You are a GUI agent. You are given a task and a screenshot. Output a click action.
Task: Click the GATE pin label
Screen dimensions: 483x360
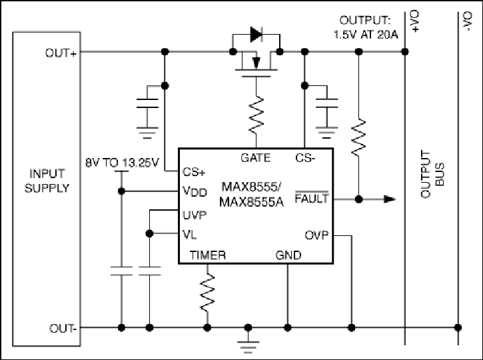coord(256,158)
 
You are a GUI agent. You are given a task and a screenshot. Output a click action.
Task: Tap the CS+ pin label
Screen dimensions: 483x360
coord(194,172)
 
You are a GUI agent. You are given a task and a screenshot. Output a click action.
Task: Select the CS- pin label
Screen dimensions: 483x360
coord(305,158)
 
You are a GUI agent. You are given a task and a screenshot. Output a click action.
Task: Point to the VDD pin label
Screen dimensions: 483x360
coord(195,191)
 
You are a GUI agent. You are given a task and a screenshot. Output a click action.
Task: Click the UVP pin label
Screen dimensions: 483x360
coord(195,215)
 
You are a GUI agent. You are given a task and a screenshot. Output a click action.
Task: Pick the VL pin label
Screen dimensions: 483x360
coord(189,235)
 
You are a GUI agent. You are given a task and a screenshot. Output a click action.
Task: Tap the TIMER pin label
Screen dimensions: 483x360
coord(208,255)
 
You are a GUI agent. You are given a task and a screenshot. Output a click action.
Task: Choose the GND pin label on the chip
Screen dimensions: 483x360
coord(288,255)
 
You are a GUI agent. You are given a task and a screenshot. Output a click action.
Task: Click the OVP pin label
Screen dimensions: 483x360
coord(316,235)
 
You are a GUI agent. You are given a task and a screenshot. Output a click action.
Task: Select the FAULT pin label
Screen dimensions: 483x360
coord(312,198)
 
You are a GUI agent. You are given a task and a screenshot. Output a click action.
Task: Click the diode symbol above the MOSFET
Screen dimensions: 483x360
coord(256,34)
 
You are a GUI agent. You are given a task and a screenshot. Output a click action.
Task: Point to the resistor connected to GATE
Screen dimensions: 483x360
coord(256,115)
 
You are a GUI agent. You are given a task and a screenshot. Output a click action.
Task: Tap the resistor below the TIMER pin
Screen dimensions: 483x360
coord(208,293)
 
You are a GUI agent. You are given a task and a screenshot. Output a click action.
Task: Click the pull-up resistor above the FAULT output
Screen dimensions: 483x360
coord(358,137)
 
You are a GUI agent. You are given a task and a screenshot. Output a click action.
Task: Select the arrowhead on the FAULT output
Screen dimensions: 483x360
coord(389,199)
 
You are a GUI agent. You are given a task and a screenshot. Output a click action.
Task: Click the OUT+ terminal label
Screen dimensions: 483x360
coord(61,53)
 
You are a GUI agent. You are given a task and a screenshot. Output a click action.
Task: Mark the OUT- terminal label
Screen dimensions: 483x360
coord(63,328)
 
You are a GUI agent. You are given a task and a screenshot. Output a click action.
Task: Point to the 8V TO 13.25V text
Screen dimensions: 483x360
coord(123,163)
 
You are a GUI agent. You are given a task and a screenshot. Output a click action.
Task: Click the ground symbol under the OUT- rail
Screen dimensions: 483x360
coord(248,347)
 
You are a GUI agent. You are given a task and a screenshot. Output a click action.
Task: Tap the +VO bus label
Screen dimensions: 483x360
coord(415,21)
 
